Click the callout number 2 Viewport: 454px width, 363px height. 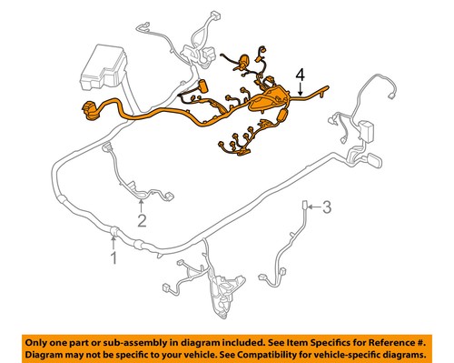coord(142,219)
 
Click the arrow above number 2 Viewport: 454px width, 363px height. coord(142,203)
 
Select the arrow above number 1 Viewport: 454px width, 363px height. coord(113,240)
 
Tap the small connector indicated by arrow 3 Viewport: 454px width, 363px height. coord(306,206)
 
